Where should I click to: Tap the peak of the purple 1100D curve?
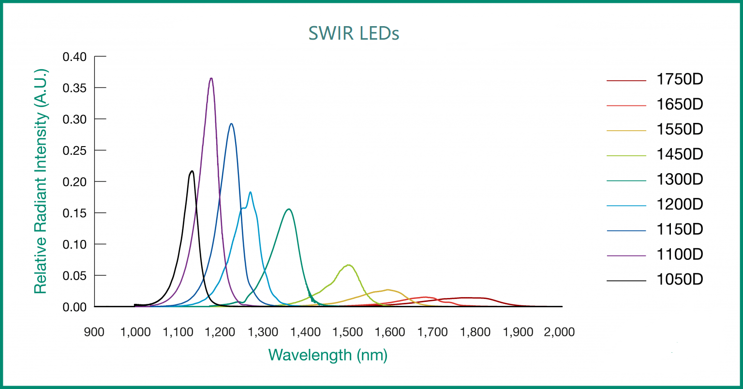pyautogui.click(x=211, y=78)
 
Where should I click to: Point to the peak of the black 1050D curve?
pyautogui.click(x=192, y=171)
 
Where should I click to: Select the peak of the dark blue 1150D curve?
pyautogui.click(x=231, y=124)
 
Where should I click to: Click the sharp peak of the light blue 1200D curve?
pyautogui.click(x=250, y=192)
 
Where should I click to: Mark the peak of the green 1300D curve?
pyautogui.click(x=289, y=209)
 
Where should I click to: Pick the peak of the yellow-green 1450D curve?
pyautogui.click(x=348, y=265)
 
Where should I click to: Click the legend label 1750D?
pyautogui.click(x=679, y=79)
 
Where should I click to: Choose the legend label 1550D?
pyautogui.click(x=679, y=130)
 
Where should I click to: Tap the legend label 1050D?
pyautogui.click(x=679, y=280)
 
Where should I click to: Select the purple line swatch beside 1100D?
pyautogui.click(x=626, y=255)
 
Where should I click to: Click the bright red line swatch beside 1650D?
pyautogui.click(x=626, y=105)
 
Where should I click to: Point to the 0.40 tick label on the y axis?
pyautogui.click(x=74, y=57)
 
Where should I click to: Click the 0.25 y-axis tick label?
pyautogui.click(x=74, y=150)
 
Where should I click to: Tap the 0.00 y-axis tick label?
pyautogui.click(x=74, y=307)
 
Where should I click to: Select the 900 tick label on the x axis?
pyautogui.click(x=94, y=332)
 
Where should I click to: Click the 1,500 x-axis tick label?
pyautogui.click(x=348, y=332)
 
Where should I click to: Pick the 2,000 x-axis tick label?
pyautogui.click(x=559, y=332)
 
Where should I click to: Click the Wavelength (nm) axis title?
pyautogui.click(x=328, y=355)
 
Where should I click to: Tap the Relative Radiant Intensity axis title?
pyautogui.click(x=41, y=181)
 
